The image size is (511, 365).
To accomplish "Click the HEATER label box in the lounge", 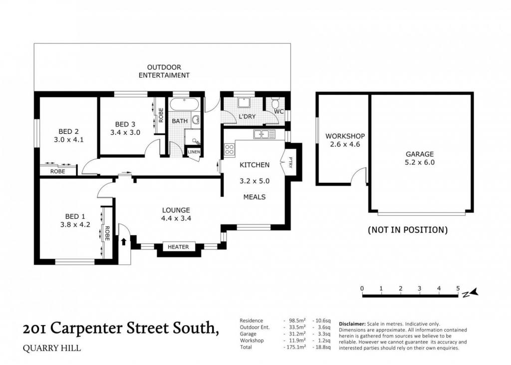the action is pyautogui.click(x=178, y=247).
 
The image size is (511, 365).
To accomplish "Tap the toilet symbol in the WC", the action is pyautogui.click(x=275, y=103).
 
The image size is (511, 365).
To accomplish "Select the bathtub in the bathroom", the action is pyautogui.click(x=184, y=104).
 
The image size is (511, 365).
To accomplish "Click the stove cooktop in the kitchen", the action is pyautogui.click(x=230, y=150).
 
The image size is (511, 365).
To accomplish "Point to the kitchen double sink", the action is pyautogui.click(x=264, y=134).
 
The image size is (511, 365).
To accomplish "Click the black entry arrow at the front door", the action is pyautogui.click(x=124, y=242).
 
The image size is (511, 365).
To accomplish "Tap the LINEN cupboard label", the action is pyautogui.click(x=194, y=152).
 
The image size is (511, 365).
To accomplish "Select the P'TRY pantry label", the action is pyautogui.click(x=290, y=162).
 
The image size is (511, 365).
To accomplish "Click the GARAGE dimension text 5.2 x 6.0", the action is pyautogui.click(x=420, y=162).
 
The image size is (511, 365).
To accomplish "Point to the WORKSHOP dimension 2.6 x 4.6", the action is pyautogui.click(x=345, y=144).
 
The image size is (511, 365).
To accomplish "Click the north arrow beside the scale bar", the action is pyautogui.click(x=471, y=293).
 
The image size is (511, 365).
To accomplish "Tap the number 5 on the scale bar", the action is pyautogui.click(x=458, y=289).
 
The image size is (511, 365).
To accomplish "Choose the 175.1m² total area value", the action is pyautogui.click(x=295, y=347).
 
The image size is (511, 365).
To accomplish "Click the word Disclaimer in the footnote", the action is pyautogui.click(x=352, y=324).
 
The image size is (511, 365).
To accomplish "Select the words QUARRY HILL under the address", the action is pyautogui.click(x=52, y=348).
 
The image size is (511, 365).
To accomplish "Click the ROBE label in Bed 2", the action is pyautogui.click(x=58, y=171).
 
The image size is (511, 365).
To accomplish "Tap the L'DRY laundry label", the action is pyautogui.click(x=248, y=116).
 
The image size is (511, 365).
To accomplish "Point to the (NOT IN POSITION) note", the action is pyautogui.click(x=408, y=230).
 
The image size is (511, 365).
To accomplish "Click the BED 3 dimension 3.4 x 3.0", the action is pyautogui.click(x=125, y=132).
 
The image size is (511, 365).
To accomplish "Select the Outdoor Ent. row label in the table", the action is pyautogui.click(x=255, y=327).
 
